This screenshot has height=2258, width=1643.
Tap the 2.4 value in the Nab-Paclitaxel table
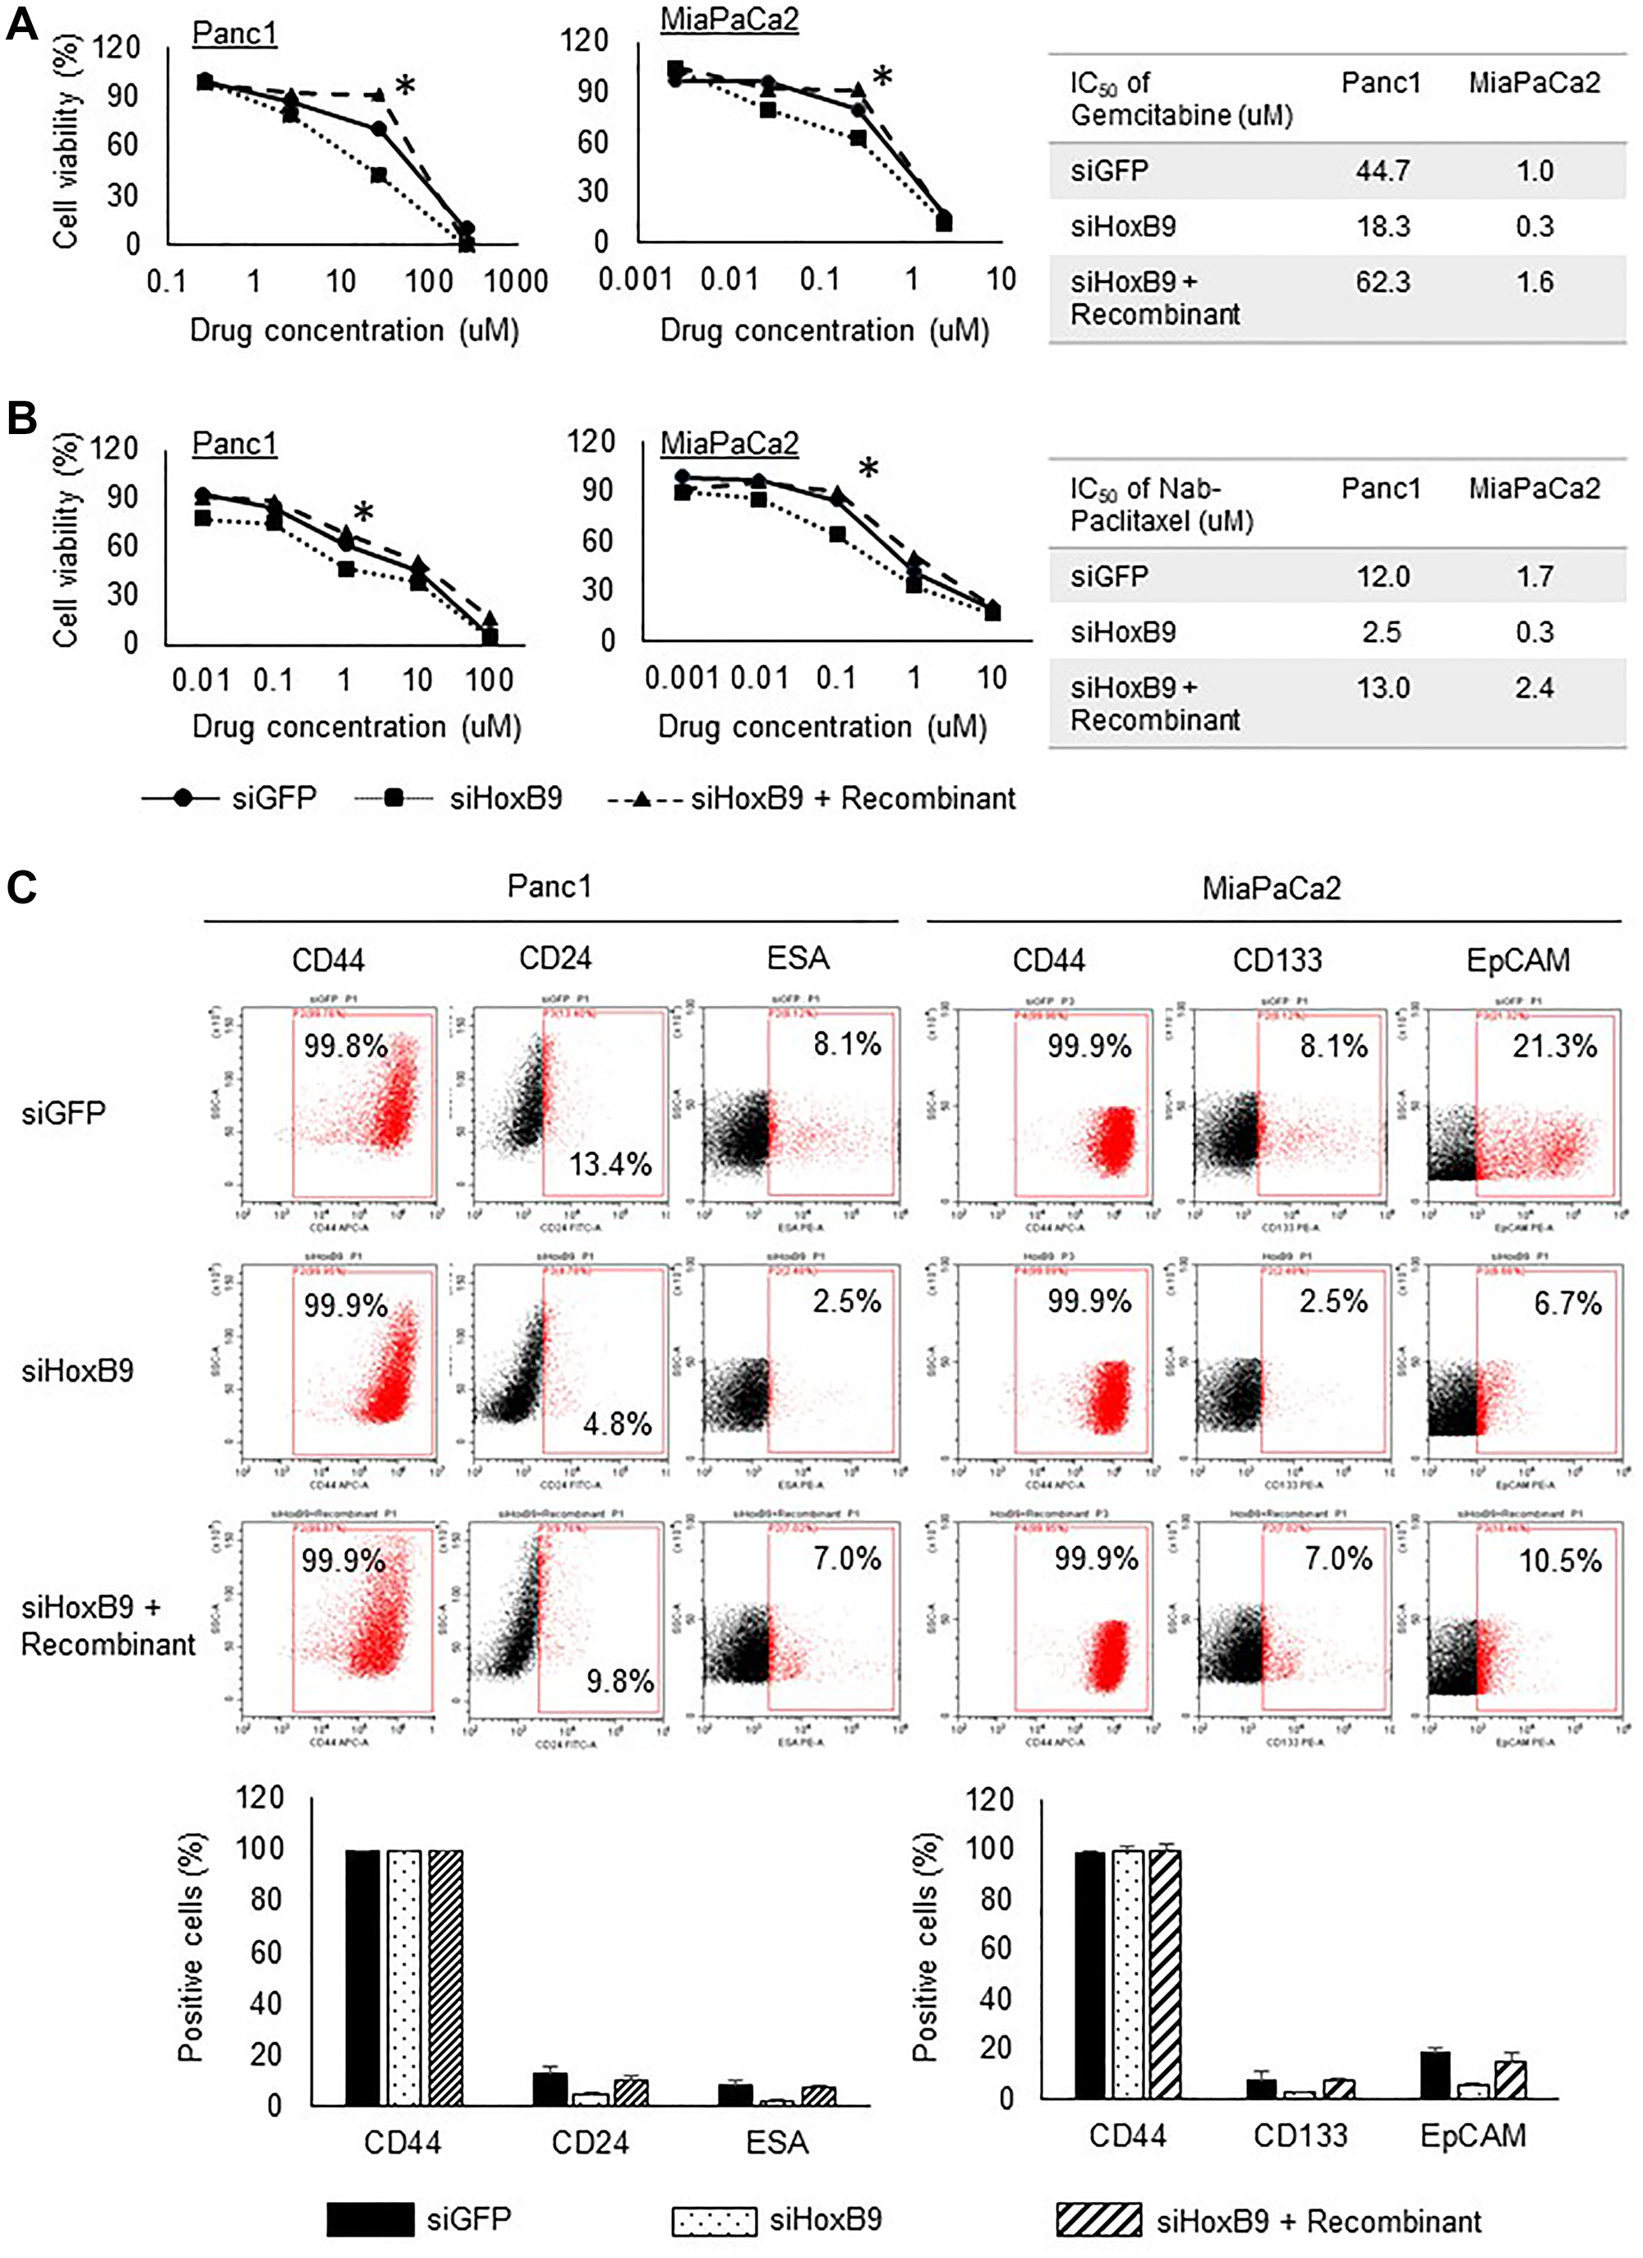point(1534,688)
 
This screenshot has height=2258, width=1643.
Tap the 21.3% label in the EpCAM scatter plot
point(1554,1046)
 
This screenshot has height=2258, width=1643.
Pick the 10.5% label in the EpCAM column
point(1559,1561)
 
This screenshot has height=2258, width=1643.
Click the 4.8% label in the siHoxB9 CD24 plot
point(617,1424)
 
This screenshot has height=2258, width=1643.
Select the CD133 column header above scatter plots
point(1277,961)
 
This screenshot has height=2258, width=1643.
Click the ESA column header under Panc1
point(797,958)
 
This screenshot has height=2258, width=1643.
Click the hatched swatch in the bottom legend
point(1098,2219)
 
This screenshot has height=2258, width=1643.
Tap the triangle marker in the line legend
point(642,798)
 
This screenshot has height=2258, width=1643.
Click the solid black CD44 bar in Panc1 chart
point(362,1976)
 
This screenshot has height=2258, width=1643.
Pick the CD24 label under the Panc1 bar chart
point(590,2141)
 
